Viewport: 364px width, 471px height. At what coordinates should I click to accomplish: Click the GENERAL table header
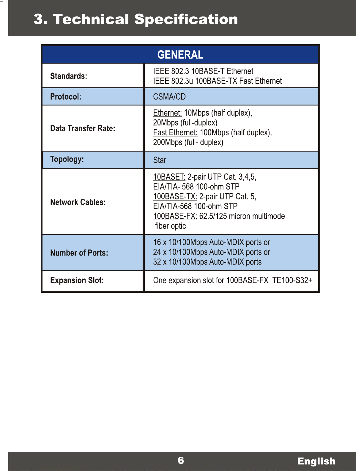pos(180,55)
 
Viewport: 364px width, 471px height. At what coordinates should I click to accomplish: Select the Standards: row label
pos(69,76)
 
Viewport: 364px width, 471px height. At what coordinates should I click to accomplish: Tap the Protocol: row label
pos(66,97)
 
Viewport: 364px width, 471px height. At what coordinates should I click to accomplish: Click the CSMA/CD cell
pos(169,97)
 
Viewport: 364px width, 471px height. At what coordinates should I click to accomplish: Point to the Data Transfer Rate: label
pos(83,128)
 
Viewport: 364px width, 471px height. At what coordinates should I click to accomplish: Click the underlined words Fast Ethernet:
pos(175,133)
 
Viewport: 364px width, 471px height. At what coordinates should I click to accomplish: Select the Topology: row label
pos(67,159)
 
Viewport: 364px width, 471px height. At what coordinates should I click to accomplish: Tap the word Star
pos(160,160)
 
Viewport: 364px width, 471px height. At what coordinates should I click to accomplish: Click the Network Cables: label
pos(78,202)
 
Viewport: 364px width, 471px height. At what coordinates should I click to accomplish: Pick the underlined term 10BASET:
pos(169,177)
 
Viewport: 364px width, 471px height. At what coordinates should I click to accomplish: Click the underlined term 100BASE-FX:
pos(175,216)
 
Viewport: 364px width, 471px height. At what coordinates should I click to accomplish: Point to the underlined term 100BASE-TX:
pos(175,196)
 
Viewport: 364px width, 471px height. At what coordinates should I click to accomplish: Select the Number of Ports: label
pos(79,253)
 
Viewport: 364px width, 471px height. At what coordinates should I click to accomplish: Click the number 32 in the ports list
pos(157,262)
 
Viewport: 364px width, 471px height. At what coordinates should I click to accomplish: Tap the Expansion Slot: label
pos(77,280)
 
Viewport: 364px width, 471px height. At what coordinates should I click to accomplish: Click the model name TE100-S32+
pos(292,280)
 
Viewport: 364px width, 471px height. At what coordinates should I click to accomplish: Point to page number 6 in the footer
pos(181,460)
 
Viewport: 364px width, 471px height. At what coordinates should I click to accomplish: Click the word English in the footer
pos(316,461)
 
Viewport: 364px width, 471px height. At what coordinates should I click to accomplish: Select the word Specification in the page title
pos(186,19)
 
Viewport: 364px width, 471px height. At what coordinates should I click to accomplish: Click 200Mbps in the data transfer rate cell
pos(168,142)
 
